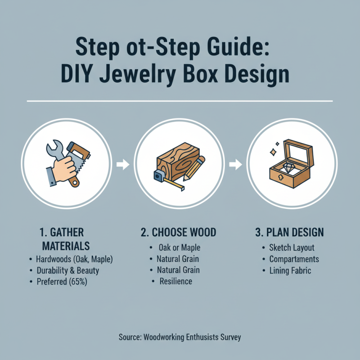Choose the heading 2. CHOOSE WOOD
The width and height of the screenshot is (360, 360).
pos(178,233)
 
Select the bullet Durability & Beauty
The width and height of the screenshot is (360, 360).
pos(67,270)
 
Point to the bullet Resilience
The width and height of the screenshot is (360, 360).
pos(175,281)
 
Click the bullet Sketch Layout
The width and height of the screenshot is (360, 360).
pos(292,248)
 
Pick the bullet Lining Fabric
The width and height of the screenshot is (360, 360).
pos(290,270)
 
